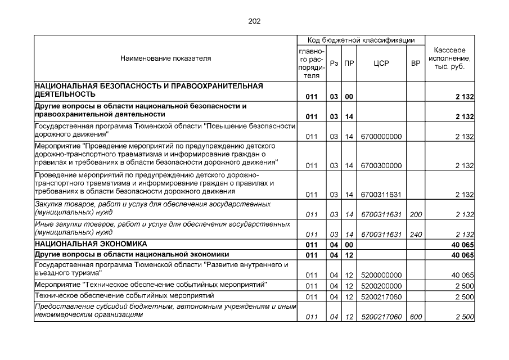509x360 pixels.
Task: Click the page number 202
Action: tap(254, 21)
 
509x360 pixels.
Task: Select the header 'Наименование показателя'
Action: tap(165, 58)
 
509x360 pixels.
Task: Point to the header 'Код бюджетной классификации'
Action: tap(361, 40)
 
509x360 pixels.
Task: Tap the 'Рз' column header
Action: tap(334, 63)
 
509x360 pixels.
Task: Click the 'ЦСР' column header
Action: tap(381, 63)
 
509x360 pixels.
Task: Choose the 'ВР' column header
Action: tap(416, 63)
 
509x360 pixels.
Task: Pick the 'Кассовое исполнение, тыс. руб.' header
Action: tap(450, 58)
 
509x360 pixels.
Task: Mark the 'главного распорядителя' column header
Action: tap(312, 63)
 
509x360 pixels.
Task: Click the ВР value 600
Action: tap(416, 317)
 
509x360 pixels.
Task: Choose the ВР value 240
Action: tap(416, 234)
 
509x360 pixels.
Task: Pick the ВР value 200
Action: tap(416, 214)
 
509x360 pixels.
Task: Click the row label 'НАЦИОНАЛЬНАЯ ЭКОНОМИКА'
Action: tap(91, 244)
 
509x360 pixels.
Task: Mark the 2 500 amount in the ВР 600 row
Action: tap(465, 317)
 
